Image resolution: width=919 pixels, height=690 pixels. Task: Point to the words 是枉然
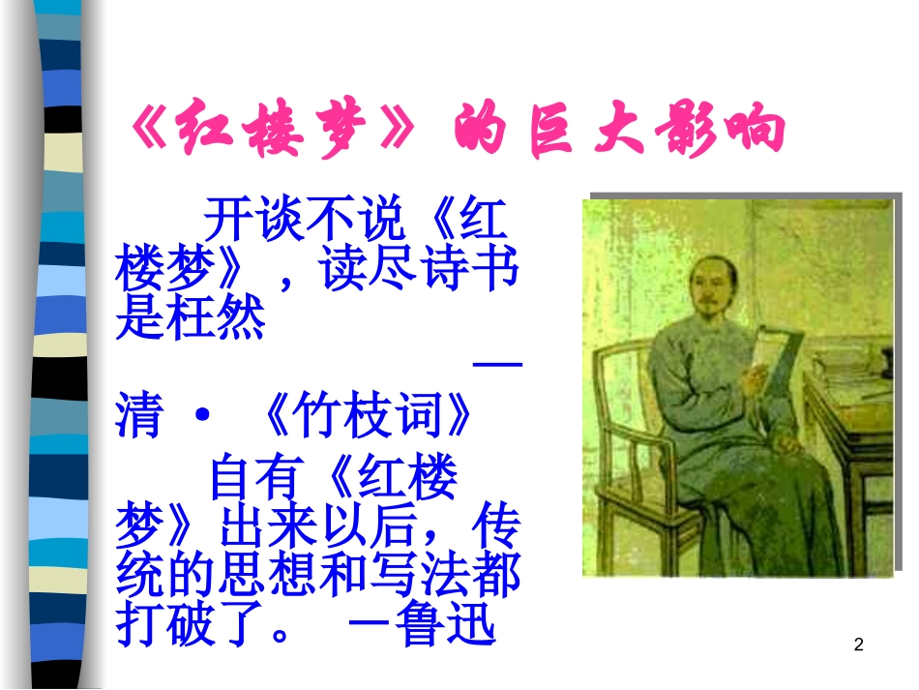click(190, 319)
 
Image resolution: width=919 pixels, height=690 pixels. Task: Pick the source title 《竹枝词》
click(370, 417)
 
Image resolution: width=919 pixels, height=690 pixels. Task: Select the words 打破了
click(190, 625)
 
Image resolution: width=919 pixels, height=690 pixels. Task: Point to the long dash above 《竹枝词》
click(498, 365)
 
